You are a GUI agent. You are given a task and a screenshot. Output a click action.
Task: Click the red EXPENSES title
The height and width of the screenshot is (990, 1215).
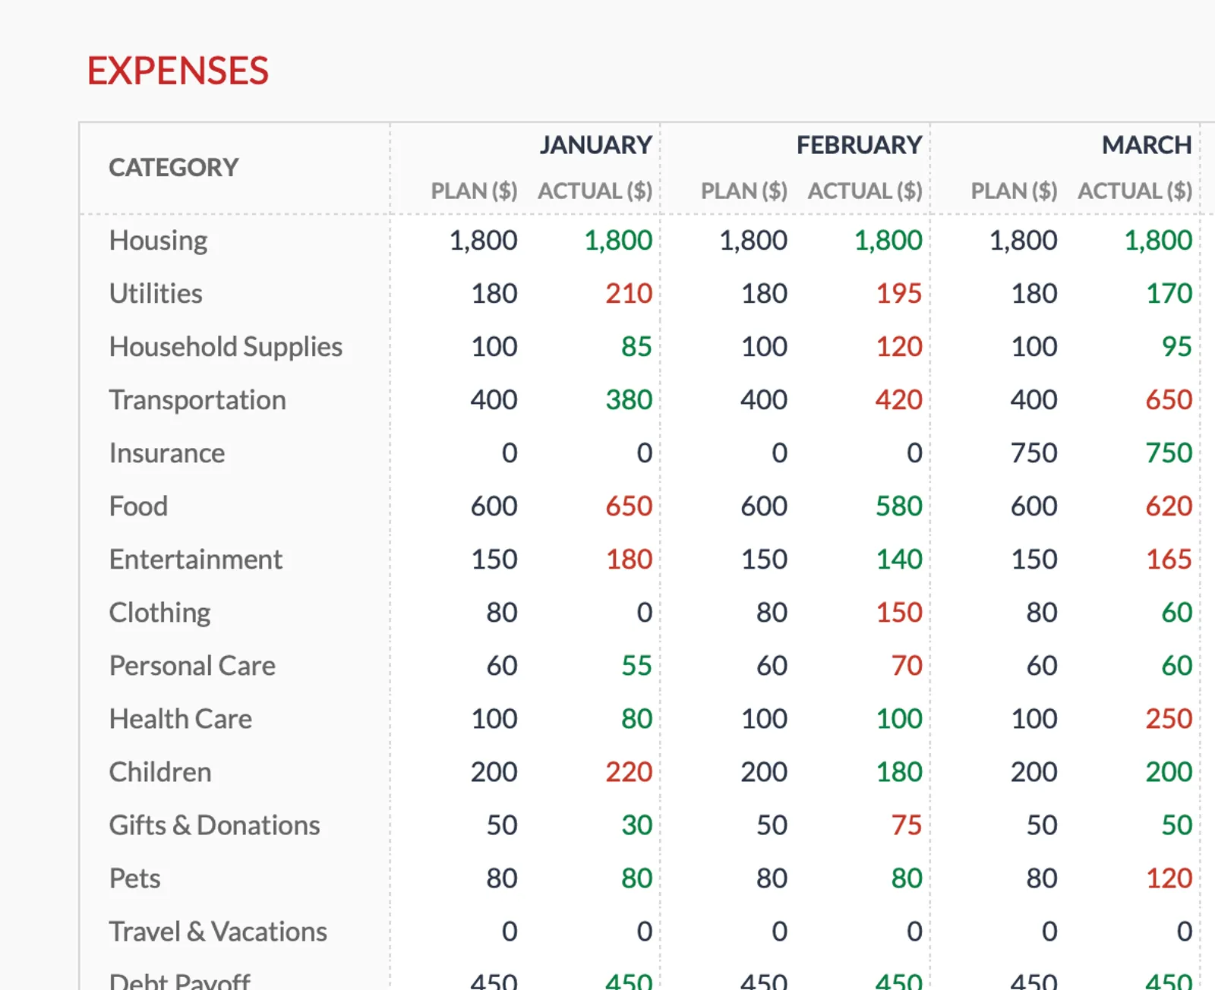[x=178, y=71]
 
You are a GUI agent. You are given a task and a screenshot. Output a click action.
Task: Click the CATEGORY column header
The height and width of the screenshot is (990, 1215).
[x=173, y=167]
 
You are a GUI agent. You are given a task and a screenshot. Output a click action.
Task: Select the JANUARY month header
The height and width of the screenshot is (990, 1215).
[x=595, y=144]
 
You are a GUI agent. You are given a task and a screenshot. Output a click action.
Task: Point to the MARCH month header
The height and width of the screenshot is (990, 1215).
[x=1146, y=144]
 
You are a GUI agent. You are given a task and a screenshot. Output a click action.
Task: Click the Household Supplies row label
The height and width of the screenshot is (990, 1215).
[x=226, y=347]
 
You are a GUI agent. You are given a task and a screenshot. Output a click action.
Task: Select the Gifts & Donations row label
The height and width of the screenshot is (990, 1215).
[x=214, y=825]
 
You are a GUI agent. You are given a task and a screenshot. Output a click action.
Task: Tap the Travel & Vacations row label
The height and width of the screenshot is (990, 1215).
[x=218, y=932]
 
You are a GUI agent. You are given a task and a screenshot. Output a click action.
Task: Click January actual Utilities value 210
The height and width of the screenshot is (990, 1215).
[x=628, y=294]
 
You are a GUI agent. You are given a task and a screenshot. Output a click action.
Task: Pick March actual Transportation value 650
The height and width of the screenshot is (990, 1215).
[x=1169, y=400]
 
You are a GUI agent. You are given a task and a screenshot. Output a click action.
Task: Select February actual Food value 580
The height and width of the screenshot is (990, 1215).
[x=898, y=506]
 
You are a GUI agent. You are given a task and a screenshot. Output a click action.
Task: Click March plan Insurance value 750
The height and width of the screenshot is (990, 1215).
[x=1034, y=453]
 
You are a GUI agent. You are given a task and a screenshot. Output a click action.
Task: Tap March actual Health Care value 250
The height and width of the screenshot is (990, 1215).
[x=1169, y=719]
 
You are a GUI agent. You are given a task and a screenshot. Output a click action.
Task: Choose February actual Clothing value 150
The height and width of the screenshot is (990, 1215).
[x=898, y=613]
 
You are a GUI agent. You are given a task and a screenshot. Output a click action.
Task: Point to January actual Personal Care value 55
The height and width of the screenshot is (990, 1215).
[x=636, y=666]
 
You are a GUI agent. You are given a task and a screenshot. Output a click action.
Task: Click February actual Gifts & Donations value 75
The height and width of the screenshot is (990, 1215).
[x=906, y=825]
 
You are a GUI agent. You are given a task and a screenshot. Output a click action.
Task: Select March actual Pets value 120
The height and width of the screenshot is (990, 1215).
[x=1169, y=878]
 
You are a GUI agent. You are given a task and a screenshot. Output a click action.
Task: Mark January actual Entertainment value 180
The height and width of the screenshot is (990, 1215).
[x=628, y=560]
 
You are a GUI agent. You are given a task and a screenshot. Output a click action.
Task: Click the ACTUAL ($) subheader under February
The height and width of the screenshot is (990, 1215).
[x=864, y=191]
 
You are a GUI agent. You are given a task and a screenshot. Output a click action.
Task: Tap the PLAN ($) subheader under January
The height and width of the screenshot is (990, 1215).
[x=474, y=191]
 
